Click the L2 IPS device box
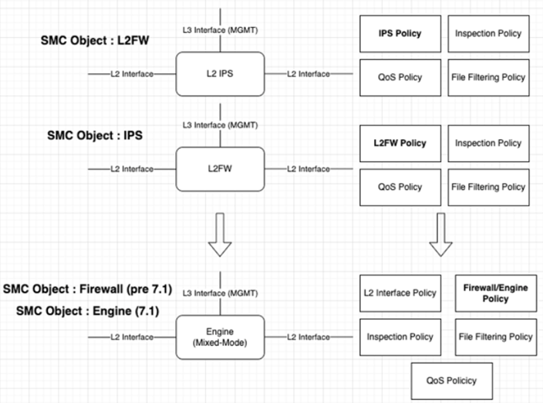tap(221, 73)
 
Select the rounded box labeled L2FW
tap(221, 169)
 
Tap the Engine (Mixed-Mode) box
tap(221, 336)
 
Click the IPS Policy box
tap(400, 34)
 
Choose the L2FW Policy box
tap(400, 144)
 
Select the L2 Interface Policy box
tap(400, 293)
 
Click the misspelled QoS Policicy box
tap(451, 380)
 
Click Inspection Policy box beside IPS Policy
tap(488, 34)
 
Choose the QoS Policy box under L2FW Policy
tap(400, 187)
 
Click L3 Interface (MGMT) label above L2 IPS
tap(221, 29)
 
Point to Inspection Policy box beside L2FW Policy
tap(488, 144)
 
